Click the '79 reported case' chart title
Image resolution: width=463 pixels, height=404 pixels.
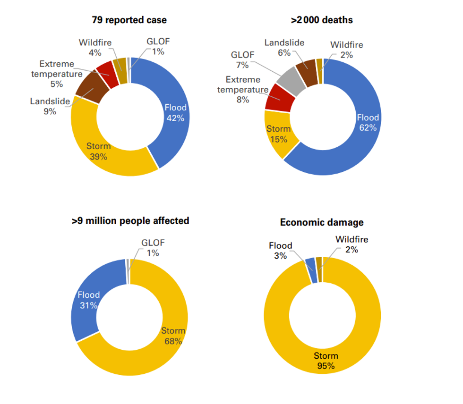(x=129, y=20)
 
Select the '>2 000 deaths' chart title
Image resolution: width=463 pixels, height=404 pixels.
(x=322, y=20)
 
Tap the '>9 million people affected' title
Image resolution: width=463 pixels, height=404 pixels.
(x=130, y=220)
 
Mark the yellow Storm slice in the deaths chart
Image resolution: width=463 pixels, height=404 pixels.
(x=279, y=135)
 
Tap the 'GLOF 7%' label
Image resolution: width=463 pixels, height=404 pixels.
(x=242, y=59)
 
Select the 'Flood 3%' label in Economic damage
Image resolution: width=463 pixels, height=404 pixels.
(x=281, y=250)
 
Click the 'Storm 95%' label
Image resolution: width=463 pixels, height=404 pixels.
(x=326, y=361)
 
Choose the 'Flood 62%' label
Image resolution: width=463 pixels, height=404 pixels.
(x=368, y=122)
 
